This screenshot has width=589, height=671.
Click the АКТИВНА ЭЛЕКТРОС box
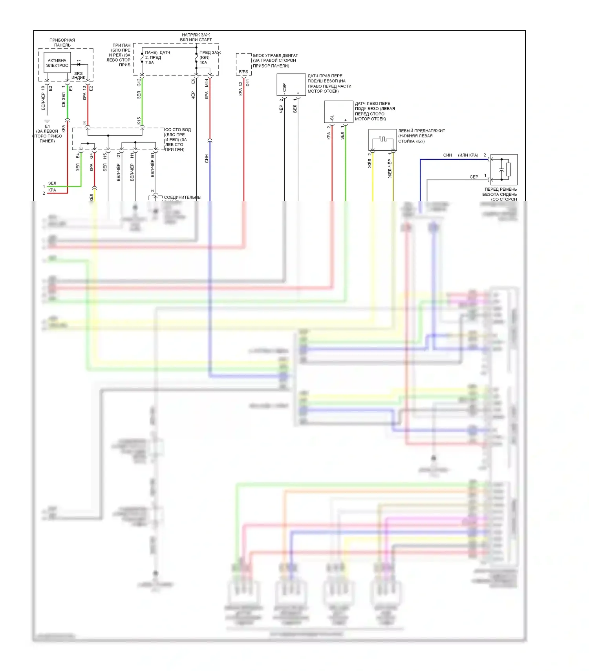point(57,63)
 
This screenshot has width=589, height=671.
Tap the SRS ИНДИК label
point(79,76)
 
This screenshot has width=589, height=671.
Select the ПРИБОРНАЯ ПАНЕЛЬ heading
point(62,42)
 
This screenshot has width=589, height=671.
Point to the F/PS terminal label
point(243,72)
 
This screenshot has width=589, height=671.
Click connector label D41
point(247,83)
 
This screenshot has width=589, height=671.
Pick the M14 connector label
point(207,82)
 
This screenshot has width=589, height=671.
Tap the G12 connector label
point(139,82)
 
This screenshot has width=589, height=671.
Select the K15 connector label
point(139,121)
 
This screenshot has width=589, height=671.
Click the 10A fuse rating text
point(203,63)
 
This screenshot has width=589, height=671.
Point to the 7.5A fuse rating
point(149,63)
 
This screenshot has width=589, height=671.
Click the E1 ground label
point(47,126)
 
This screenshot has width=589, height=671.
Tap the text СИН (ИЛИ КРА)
point(461,155)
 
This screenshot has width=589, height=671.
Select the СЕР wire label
point(474,177)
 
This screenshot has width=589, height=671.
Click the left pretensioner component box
point(382,140)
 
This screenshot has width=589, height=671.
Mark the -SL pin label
point(332,118)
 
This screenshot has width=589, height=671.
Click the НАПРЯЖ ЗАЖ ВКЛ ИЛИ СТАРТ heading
point(196,37)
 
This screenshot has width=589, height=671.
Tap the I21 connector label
point(119,156)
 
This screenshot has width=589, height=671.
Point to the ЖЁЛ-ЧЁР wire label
point(390,168)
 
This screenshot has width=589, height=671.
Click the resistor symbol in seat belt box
point(509,170)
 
